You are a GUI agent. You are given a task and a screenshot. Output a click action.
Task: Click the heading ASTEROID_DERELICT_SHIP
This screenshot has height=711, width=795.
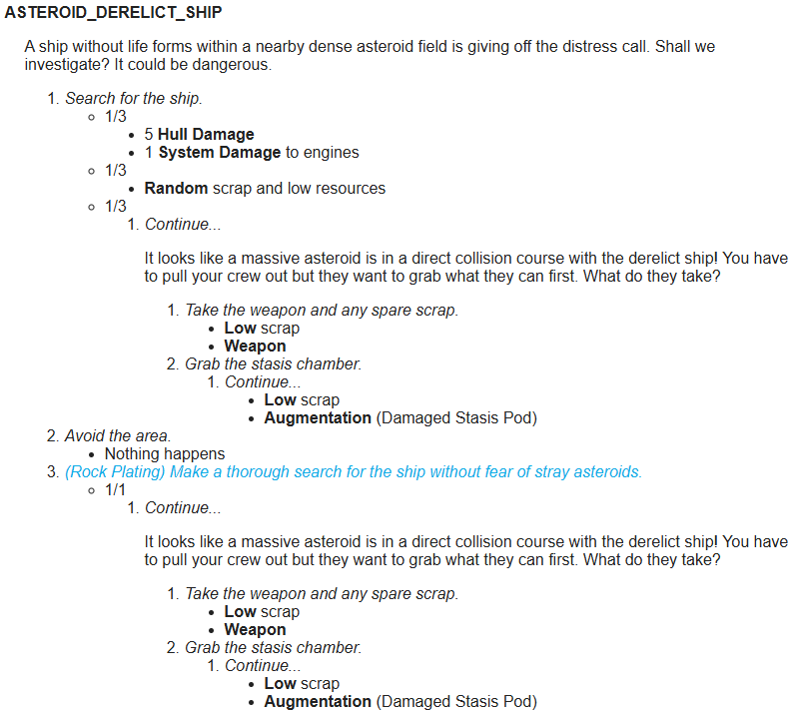[114, 13]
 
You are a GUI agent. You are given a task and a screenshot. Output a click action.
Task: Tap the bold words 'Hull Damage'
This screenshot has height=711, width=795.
[206, 135]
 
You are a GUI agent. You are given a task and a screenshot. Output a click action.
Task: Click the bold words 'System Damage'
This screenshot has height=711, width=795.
[220, 153]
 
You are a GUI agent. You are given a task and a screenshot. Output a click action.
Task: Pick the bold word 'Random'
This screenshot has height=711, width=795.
[176, 189]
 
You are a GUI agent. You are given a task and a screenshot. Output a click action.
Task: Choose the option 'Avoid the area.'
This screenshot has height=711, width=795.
[118, 436]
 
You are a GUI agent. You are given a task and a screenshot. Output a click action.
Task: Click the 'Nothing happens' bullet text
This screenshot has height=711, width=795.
[165, 454]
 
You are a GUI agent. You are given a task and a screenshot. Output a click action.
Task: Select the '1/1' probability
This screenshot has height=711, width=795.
[116, 490]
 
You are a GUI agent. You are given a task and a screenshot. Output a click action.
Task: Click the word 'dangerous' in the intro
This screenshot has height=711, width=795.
[235, 65]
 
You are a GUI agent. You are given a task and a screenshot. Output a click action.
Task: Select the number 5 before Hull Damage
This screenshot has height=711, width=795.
[149, 135]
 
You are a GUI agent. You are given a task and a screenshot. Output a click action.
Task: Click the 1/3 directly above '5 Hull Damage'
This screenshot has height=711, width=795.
[116, 117]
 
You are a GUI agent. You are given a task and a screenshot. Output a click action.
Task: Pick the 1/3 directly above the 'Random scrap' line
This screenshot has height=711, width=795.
[116, 171]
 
